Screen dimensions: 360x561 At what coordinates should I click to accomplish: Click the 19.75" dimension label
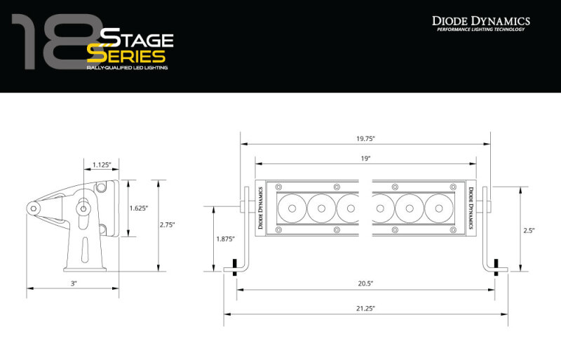(x=365, y=138)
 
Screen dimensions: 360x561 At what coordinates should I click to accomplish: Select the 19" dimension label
(x=365, y=159)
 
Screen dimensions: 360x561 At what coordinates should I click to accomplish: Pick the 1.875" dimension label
(x=225, y=239)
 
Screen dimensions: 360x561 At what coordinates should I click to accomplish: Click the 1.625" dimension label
(x=139, y=208)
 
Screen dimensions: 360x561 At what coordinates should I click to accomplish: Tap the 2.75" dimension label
(x=167, y=225)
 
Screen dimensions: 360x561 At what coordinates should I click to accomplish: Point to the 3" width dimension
(x=73, y=283)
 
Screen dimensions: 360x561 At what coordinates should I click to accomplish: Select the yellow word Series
(x=126, y=55)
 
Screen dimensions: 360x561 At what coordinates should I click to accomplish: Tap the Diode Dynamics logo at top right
(x=480, y=22)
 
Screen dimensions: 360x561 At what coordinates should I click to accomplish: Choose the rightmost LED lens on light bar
(x=438, y=208)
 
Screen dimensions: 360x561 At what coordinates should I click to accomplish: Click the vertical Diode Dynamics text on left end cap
(x=262, y=208)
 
